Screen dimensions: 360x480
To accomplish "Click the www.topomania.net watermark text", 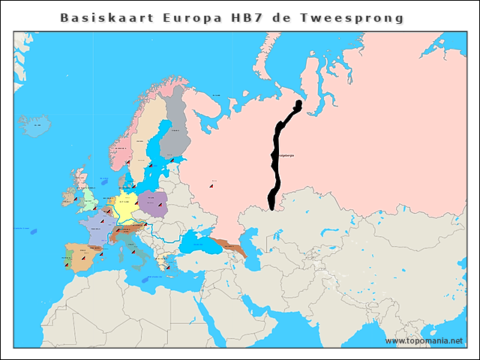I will point(424,340).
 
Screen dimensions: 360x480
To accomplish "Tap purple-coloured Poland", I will point(151,202).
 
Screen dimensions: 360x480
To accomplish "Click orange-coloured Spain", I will point(75,255).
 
